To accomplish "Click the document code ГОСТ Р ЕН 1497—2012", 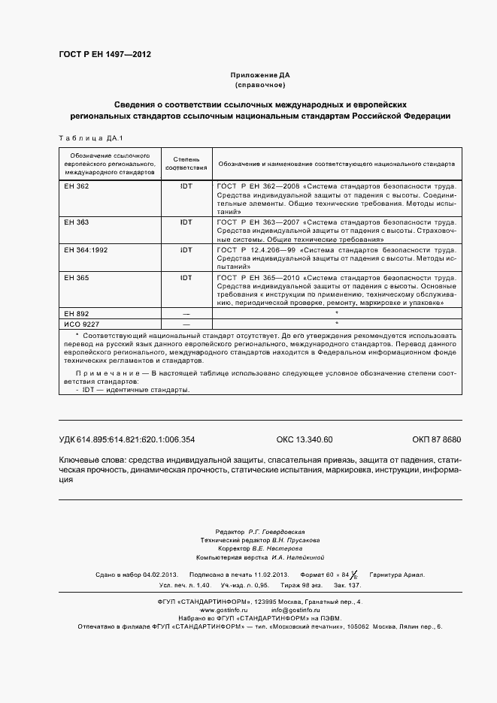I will click(105, 54).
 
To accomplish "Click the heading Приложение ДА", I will click(260, 75).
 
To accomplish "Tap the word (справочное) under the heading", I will click(260, 85).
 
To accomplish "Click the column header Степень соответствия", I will click(186, 164).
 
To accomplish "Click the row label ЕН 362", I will click(77, 186).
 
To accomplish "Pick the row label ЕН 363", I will click(77, 222).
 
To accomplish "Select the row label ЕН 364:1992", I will click(86, 249).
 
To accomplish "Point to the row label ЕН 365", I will click(77, 277).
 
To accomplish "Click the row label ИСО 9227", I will click(80, 323).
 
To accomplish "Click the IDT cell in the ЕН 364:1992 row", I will click(186, 249).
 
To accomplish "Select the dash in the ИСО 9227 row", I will click(186, 323).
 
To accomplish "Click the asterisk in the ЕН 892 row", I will click(337, 312).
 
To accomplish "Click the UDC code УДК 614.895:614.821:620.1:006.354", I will click(126, 440).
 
